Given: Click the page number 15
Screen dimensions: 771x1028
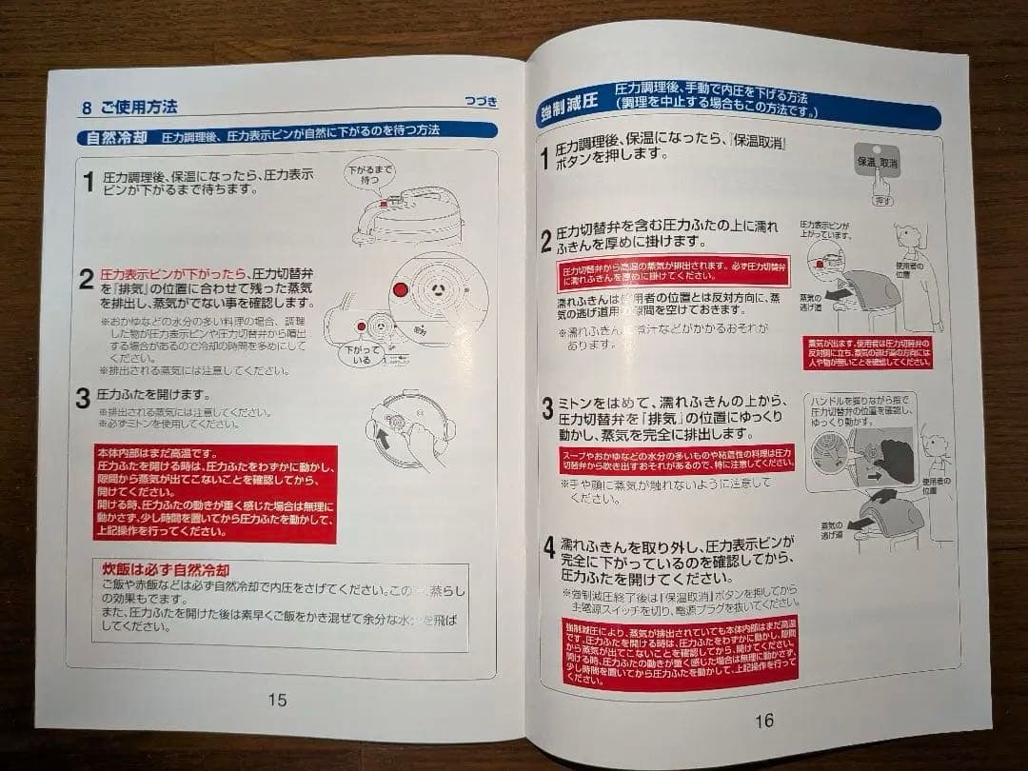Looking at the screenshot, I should [276, 700].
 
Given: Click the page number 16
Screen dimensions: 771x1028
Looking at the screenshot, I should [763, 721].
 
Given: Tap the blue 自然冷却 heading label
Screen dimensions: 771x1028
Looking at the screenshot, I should [116, 135].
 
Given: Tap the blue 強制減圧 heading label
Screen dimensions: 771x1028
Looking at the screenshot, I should [568, 114].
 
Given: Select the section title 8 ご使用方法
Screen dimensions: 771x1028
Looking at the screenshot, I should [129, 107].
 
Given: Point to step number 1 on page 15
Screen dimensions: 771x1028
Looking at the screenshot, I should [88, 182].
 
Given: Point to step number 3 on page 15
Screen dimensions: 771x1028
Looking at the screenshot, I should [84, 399].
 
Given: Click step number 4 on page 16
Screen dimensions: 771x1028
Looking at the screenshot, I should [549, 550].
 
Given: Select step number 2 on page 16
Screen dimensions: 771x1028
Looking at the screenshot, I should [546, 242].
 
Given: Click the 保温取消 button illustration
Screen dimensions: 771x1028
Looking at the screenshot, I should [877, 164].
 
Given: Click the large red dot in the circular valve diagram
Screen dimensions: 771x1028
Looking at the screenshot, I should [400, 288].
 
